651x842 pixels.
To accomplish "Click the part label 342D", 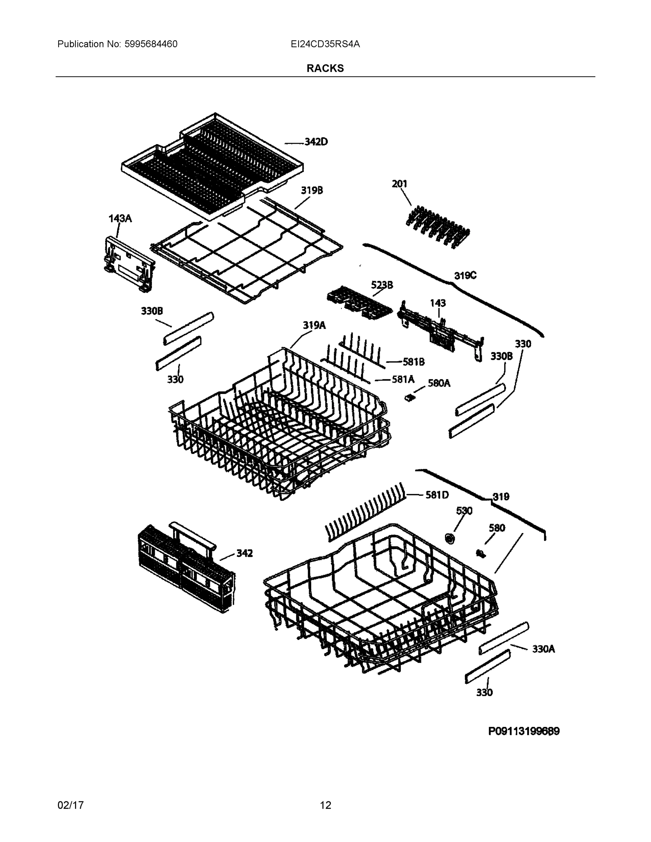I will [x=316, y=142].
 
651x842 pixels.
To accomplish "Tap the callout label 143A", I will [x=120, y=219].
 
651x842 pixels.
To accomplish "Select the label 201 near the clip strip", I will [x=399, y=184].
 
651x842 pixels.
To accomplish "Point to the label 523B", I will [x=382, y=285].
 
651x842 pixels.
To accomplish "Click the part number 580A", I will [x=439, y=383].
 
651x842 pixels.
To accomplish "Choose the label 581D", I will [x=437, y=495].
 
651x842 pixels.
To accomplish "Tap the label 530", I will [x=464, y=511].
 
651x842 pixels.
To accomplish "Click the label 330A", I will [x=543, y=649].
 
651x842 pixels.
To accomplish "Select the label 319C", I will [x=465, y=276].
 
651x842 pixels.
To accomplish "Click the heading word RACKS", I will [x=325, y=68].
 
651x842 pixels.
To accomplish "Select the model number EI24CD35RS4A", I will [x=325, y=44].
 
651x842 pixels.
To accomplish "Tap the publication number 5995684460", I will [x=151, y=44].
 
